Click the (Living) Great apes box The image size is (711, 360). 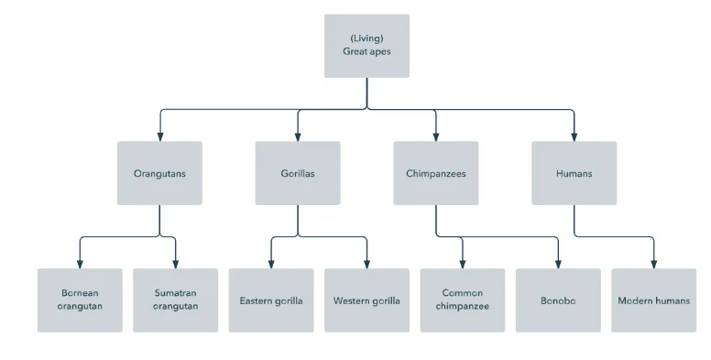pos(366,46)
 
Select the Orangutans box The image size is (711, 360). pos(159,173)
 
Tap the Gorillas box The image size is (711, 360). pos(298,173)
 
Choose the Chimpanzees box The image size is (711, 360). pos(436,173)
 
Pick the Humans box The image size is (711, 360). pos(574,173)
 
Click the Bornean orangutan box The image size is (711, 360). pos(80,300)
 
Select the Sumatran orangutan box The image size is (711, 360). pos(176,300)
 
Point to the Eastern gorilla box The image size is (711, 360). pos(271,300)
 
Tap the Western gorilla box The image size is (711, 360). pos(366,300)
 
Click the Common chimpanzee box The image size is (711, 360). pos(463,300)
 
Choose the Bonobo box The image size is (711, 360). pos(558,300)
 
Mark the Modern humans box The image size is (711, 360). pos(654,300)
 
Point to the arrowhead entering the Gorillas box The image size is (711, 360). pos(298,136)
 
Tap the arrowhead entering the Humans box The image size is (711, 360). pos(574,136)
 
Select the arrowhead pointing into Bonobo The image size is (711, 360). pos(558,264)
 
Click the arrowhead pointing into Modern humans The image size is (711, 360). pos(654,264)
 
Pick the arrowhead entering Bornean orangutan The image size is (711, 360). pos(80,264)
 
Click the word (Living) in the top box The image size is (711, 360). pos(366,38)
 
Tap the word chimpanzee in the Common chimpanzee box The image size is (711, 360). pos(463,306)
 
